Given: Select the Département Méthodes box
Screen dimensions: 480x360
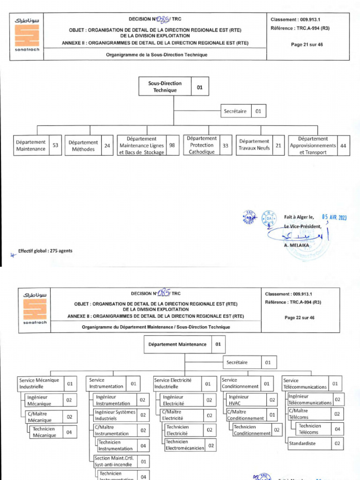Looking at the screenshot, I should pyautogui.click(x=83, y=146).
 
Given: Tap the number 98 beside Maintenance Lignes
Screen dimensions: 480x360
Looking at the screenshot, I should pyautogui.click(x=172, y=145).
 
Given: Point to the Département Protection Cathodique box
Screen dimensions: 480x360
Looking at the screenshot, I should pyautogui.click(x=202, y=145).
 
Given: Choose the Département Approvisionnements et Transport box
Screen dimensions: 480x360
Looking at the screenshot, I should pyautogui.click(x=313, y=145).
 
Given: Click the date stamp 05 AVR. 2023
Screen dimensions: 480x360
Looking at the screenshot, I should pyautogui.click(x=334, y=217).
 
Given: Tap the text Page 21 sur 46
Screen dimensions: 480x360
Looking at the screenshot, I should pyautogui.click(x=307, y=45).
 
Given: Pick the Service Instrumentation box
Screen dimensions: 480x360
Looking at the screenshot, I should pyautogui.click(x=106, y=383).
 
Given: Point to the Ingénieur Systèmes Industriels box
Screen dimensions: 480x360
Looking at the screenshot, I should pyautogui.click(x=115, y=415).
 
